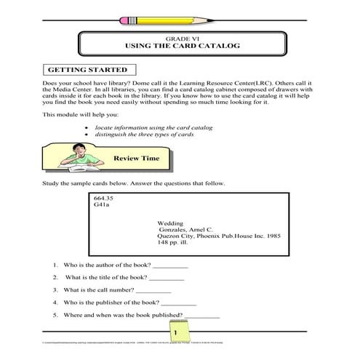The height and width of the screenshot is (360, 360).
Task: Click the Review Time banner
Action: [x=132, y=157]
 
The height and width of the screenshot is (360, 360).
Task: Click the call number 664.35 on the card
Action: [x=104, y=198]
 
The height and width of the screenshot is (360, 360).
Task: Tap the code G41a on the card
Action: [x=102, y=205]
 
